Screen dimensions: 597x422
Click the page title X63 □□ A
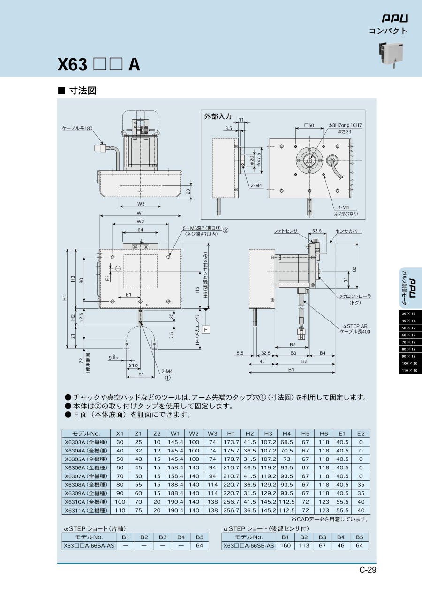98,64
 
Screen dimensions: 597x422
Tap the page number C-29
368,570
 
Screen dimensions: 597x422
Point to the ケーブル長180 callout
77,128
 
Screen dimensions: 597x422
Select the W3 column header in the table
212,434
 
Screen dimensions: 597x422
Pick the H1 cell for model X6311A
231,510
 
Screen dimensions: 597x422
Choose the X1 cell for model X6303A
120,442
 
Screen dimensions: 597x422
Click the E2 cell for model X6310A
361,501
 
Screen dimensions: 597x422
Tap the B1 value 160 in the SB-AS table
285,546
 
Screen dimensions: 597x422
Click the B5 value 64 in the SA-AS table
199,546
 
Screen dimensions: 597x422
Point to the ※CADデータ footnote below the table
329,519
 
